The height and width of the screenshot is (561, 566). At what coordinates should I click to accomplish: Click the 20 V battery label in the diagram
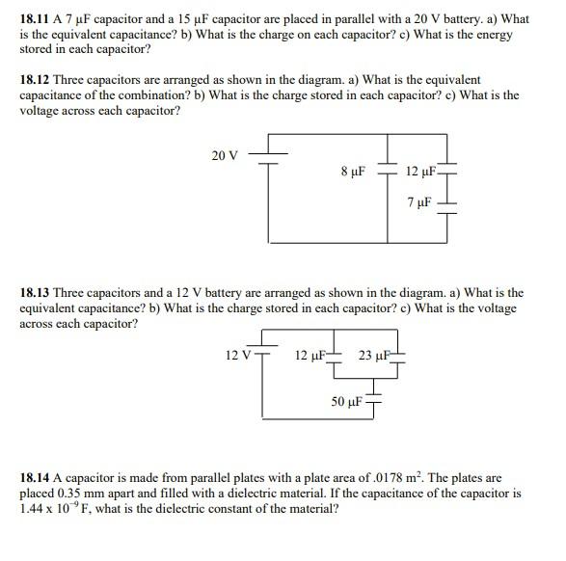(226, 155)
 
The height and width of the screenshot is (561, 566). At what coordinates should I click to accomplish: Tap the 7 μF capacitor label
(419, 203)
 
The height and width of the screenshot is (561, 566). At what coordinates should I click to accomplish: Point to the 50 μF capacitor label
(346, 398)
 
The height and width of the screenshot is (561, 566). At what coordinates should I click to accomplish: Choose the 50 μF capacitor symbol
(374, 398)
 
